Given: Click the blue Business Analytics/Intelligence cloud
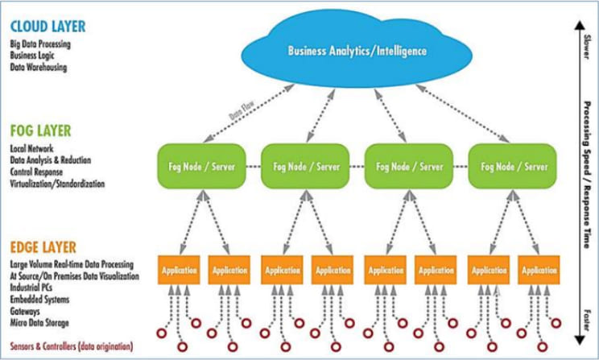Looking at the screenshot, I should (357, 50).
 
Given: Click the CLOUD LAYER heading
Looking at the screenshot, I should (48, 27).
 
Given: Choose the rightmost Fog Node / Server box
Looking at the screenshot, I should (512, 167).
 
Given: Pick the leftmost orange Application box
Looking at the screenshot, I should (178, 271).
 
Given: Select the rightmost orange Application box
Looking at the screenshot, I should (539, 271).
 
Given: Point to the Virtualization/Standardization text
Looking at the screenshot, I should (57, 184).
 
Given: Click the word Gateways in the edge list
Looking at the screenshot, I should (26, 310).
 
